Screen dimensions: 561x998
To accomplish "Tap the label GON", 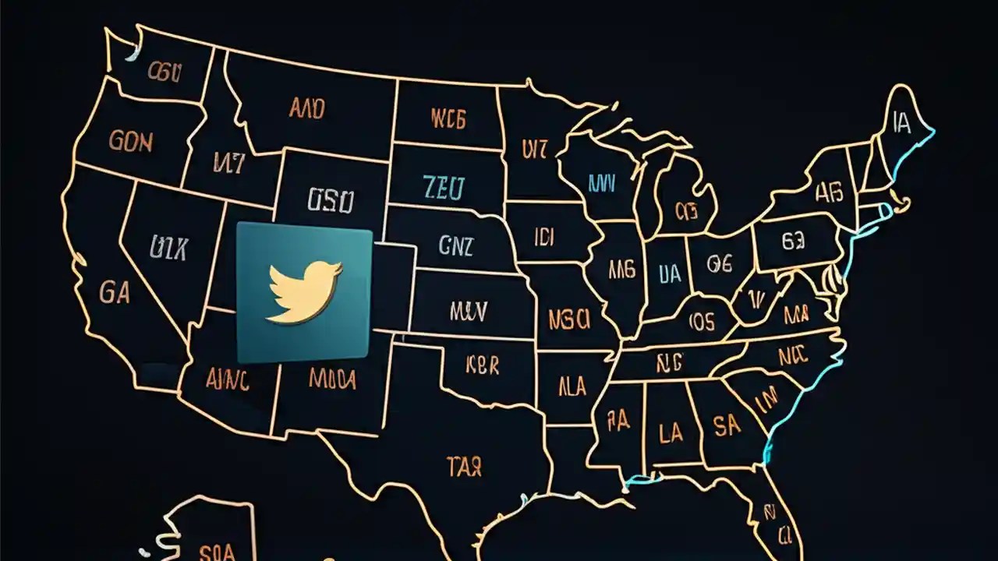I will pyautogui.click(x=131, y=141).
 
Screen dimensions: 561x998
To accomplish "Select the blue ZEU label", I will pyautogui.click(x=444, y=188).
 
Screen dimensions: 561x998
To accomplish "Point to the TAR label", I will pyautogui.click(x=464, y=467).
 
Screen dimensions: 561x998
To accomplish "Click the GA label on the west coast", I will pyautogui.click(x=115, y=292).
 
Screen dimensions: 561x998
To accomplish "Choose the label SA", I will pyautogui.click(x=727, y=425).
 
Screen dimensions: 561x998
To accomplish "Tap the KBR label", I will pyautogui.click(x=483, y=365).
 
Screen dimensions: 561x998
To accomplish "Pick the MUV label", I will pyautogui.click(x=469, y=312).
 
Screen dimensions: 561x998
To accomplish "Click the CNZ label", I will pyautogui.click(x=455, y=246).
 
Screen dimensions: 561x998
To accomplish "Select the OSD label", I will pyautogui.click(x=331, y=201).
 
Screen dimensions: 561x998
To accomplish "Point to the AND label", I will pyautogui.click(x=306, y=108).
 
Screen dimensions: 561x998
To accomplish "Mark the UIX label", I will pyautogui.click(x=168, y=248).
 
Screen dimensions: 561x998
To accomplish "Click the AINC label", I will pyautogui.click(x=228, y=379).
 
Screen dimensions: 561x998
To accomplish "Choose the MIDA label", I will pyautogui.click(x=333, y=379).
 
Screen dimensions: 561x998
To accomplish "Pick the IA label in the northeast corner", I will pyautogui.click(x=901, y=123).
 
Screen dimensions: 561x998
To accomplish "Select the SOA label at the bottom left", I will pyautogui.click(x=217, y=552).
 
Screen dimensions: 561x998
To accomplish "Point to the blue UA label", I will pyautogui.click(x=669, y=272).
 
